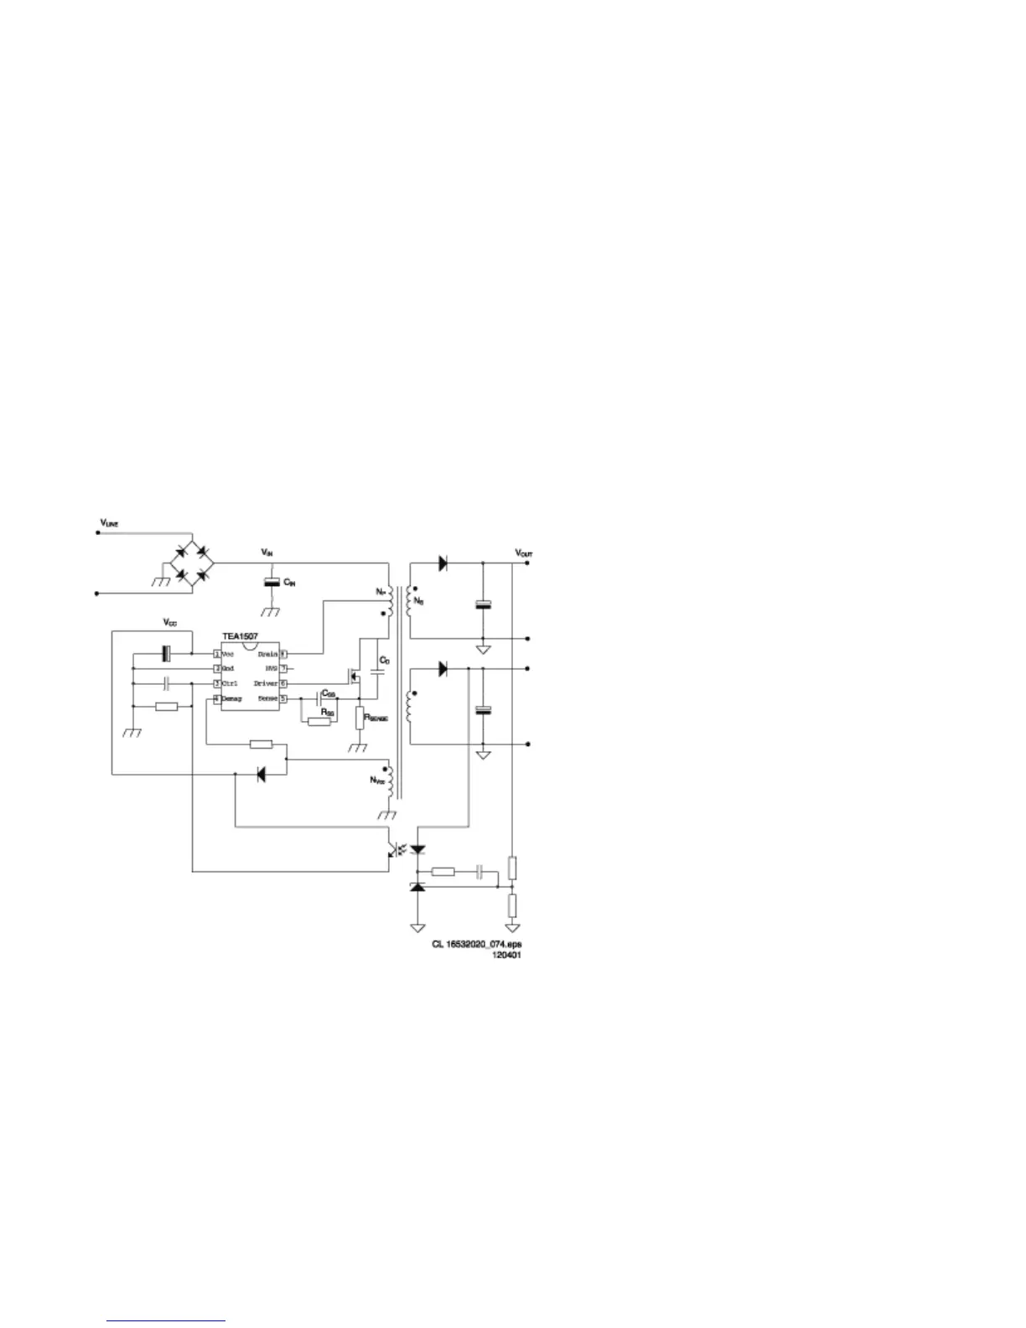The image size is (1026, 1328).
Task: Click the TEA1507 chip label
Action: pyautogui.click(x=240, y=638)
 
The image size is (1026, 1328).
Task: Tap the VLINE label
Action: pyautogui.click(x=110, y=523)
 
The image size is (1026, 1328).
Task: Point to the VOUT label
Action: pyautogui.click(x=524, y=554)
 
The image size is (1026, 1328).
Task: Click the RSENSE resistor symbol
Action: pyautogui.click(x=360, y=718)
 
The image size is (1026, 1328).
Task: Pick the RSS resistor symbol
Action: pyautogui.click(x=319, y=722)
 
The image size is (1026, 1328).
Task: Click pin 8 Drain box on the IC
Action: pyautogui.click(x=283, y=654)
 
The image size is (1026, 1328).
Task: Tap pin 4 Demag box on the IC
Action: pyautogui.click(x=217, y=698)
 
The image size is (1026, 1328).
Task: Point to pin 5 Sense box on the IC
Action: pyautogui.click(x=283, y=698)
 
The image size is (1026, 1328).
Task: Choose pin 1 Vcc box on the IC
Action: pyautogui.click(x=217, y=654)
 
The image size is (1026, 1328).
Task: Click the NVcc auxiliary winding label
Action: pyautogui.click(x=377, y=781)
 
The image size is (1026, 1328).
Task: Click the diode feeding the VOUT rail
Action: pyautogui.click(x=443, y=563)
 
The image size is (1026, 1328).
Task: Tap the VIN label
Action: pyautogui.click(x=267, y=553)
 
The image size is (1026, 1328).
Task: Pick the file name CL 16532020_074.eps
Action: pyautogui.click(x=477, y=943)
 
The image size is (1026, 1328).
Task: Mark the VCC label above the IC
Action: pyautogui.click(x=169, y=623)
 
